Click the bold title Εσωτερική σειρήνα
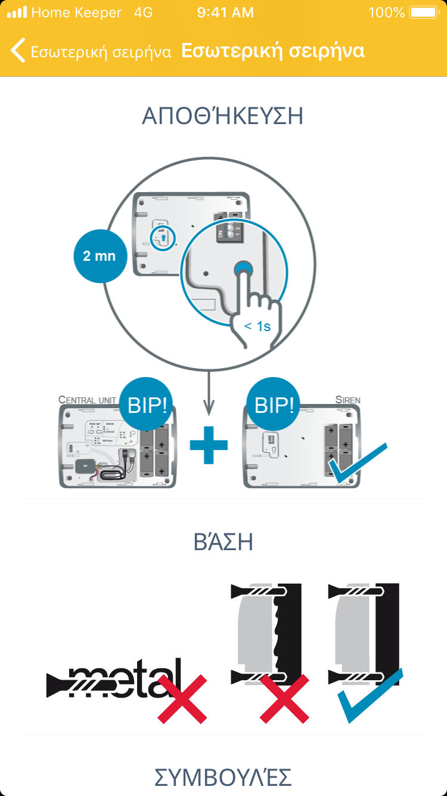[x=272, y=51]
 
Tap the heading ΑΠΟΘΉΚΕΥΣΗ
[x=223, y=116]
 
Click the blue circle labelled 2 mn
[x=100, y=256]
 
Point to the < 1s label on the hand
[x=257, y=326]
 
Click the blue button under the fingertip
[x=243, y=270]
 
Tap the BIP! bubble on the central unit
[x=147, y=405]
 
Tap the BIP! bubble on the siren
[x=274, y=405]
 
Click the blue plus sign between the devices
[x=209, y=445]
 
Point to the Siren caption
[x=347, y=399]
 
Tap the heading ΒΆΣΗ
[x=223, y=542]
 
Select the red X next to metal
[x=182, y=698]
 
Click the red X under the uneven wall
[x=285, y=698]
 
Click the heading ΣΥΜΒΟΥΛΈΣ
[x=223, y=778]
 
